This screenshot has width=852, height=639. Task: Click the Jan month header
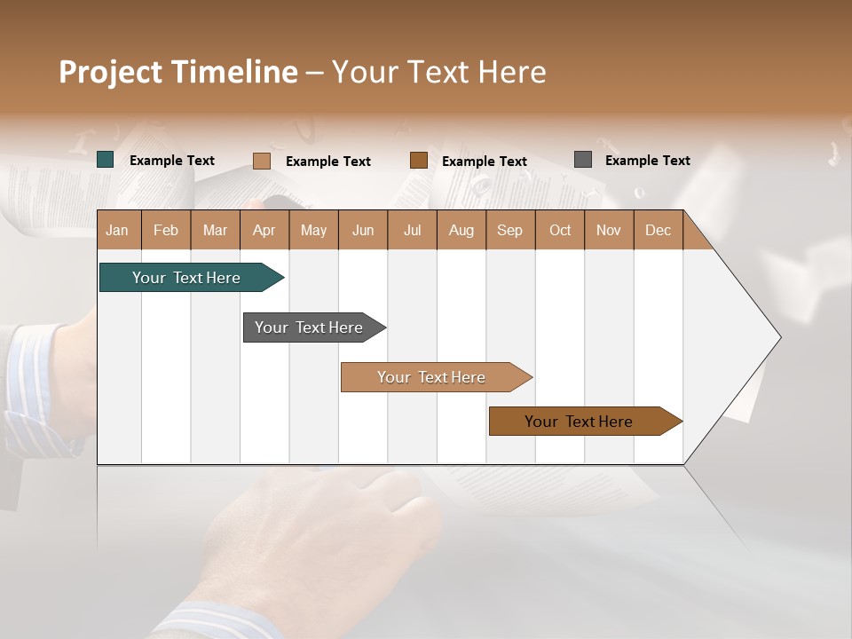117,230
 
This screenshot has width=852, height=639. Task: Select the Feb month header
166,230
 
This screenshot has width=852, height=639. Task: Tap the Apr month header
264,230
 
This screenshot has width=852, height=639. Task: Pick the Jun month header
363,230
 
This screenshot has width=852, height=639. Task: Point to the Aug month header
461,230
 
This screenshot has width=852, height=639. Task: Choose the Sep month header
509,230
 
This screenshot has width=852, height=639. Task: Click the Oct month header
560,230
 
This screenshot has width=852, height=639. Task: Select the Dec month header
658,230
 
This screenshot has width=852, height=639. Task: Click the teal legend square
106,160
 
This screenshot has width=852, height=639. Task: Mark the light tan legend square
262,161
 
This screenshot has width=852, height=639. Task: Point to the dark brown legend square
419,161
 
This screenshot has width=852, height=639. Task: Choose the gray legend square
583,160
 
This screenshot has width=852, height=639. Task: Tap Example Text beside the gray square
647,161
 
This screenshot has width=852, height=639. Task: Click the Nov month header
608,230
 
